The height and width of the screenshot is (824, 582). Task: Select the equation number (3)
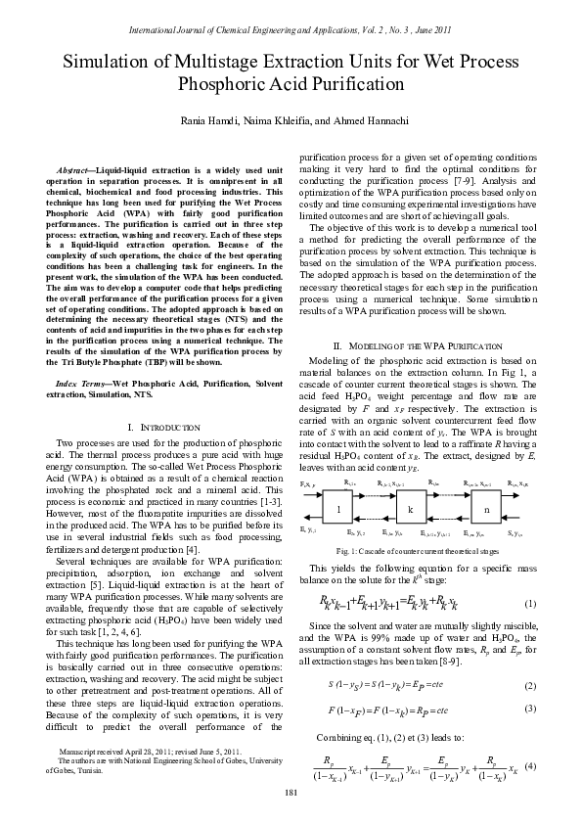pyautogui.click(x=529, y=680)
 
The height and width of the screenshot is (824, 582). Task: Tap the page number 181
pyautogui.click(x=291, y=791)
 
